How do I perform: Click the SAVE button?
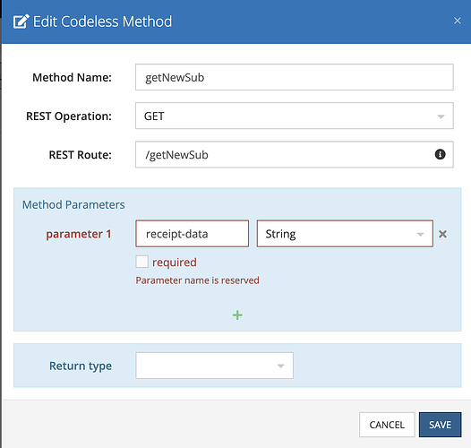click(x=440, y=425)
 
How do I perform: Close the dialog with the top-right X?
click(x=458, y=21)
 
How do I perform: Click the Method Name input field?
click(x=295, y=77)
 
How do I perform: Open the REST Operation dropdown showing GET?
click(x=295, y=116)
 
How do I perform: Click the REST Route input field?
click(x=295, y=154)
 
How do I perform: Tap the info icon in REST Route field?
click(x=440, y=154)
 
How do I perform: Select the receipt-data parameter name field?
click(x=193, y=234)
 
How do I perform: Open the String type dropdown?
click(x=345, y=234)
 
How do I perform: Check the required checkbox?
click(x=141, y=262)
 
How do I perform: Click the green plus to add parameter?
click(x=237, y=315)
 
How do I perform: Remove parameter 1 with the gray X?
click(x=442, y=234)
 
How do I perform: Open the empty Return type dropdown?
click(x=215, y=366)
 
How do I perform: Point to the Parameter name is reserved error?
click(x=197, y=280)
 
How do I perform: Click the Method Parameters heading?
click(x=73, y=205)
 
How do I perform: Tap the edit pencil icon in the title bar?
click(x=21, y=22)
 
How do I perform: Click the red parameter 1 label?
click(x=79, y=234)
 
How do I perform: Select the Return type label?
click(x=81, y=366)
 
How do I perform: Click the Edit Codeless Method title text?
click(x=102, y=22)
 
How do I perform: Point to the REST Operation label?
click(x=69, y=116)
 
